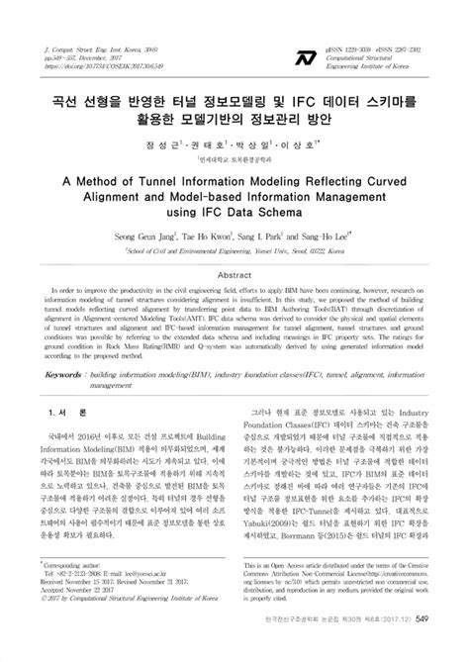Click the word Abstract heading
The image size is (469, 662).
pyautogui.click(x=234, y=275)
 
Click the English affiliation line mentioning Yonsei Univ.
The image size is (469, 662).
pyautogui.click(x=234, y=251)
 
